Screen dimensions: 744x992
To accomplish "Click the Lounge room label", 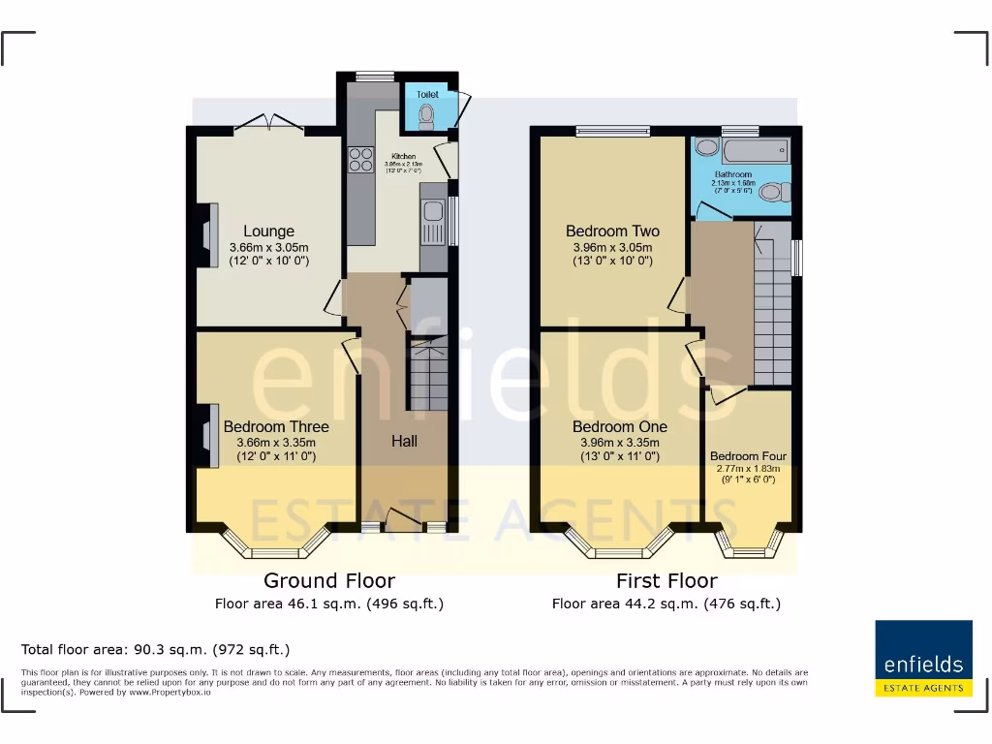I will pyautogui.click(x=268, y=232).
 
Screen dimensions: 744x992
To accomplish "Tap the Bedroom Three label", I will pyautogui.click(x=276, y=426).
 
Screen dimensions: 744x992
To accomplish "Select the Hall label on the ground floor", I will pyautogui.click(x=404, y=441).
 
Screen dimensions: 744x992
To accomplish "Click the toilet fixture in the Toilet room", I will pyautogui.click(x=427, y=116).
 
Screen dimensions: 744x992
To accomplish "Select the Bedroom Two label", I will pyautogui.click(x=612, y=232).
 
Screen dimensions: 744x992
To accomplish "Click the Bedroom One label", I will pyautogui.click(x=619, y=426).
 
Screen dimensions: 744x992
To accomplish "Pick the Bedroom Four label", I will pyautogui.click(x=748, y=456).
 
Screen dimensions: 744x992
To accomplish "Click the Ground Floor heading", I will pyautogui.click(x=329, y=581).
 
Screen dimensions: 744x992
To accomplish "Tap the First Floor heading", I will pyautogui.click(x=666, y=581).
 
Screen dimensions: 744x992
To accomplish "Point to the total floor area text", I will pyautogui.click(x=155, y=649).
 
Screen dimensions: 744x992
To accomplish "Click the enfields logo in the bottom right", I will pyautogui.click(x=923, y=659).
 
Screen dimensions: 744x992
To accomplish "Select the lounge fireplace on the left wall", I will pyautogui.click(x=207, y=233).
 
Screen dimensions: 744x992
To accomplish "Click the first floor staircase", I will pyautogui.click(x=773, y=310).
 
